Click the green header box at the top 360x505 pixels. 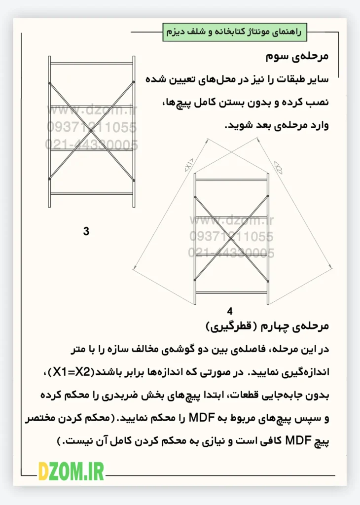(x=235, y=32)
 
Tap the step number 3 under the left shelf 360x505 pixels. (x=86, y=231)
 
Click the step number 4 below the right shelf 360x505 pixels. (x=230, y=311)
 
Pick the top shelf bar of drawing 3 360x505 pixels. (x=92, y=63)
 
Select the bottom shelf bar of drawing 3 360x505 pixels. (x=92, y=193)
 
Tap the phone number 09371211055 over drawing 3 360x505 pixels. (x=92, y=127)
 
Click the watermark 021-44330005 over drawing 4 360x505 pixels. (x=231, y=253)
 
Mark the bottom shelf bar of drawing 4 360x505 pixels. (x=232, y=291)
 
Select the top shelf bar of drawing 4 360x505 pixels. (x=232, y=180)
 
